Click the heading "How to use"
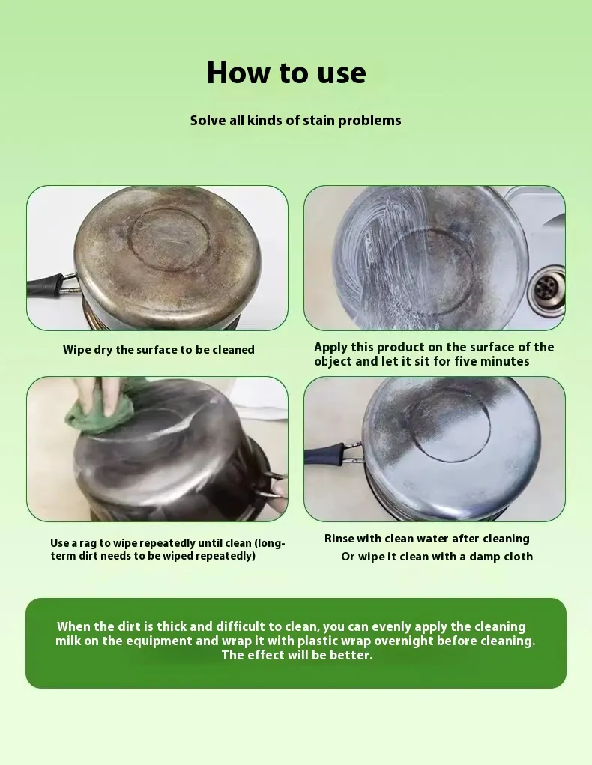pos(286,73)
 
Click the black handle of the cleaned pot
pos(324,453)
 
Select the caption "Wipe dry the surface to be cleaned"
pos(159,350)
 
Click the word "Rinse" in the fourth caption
pos(339,539)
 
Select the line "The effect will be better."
pos(297,655)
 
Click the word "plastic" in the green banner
pos(319,641)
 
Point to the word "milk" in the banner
pos(68,641)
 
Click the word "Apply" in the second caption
pos(330,348)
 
